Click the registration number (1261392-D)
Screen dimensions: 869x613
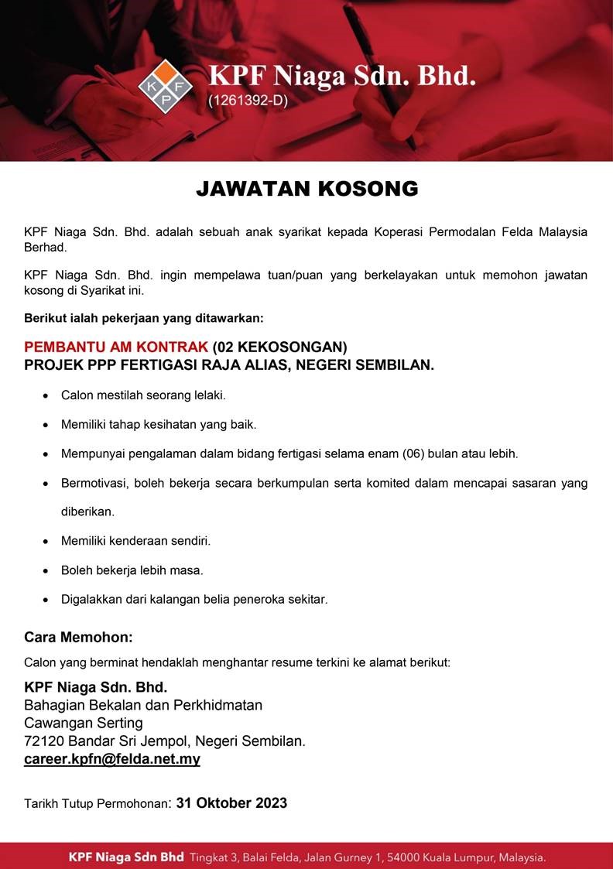pos(248,100)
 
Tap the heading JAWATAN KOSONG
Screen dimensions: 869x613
pos(306,189)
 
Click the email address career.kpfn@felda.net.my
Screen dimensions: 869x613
pos(112,759)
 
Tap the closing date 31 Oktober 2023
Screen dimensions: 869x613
pos(231,802)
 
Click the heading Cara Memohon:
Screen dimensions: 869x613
pos(78,638)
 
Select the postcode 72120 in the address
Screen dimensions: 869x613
pos(43,741)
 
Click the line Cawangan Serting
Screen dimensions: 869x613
pos(84,723)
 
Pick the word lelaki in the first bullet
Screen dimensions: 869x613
pos(207,395)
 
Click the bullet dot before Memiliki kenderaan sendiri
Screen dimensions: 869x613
pos(44,542)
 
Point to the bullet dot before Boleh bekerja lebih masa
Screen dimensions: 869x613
pos(44,571)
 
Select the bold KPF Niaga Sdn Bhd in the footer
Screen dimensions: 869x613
pos(126,857)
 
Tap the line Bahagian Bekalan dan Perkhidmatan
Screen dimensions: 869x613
pos(143,705)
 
